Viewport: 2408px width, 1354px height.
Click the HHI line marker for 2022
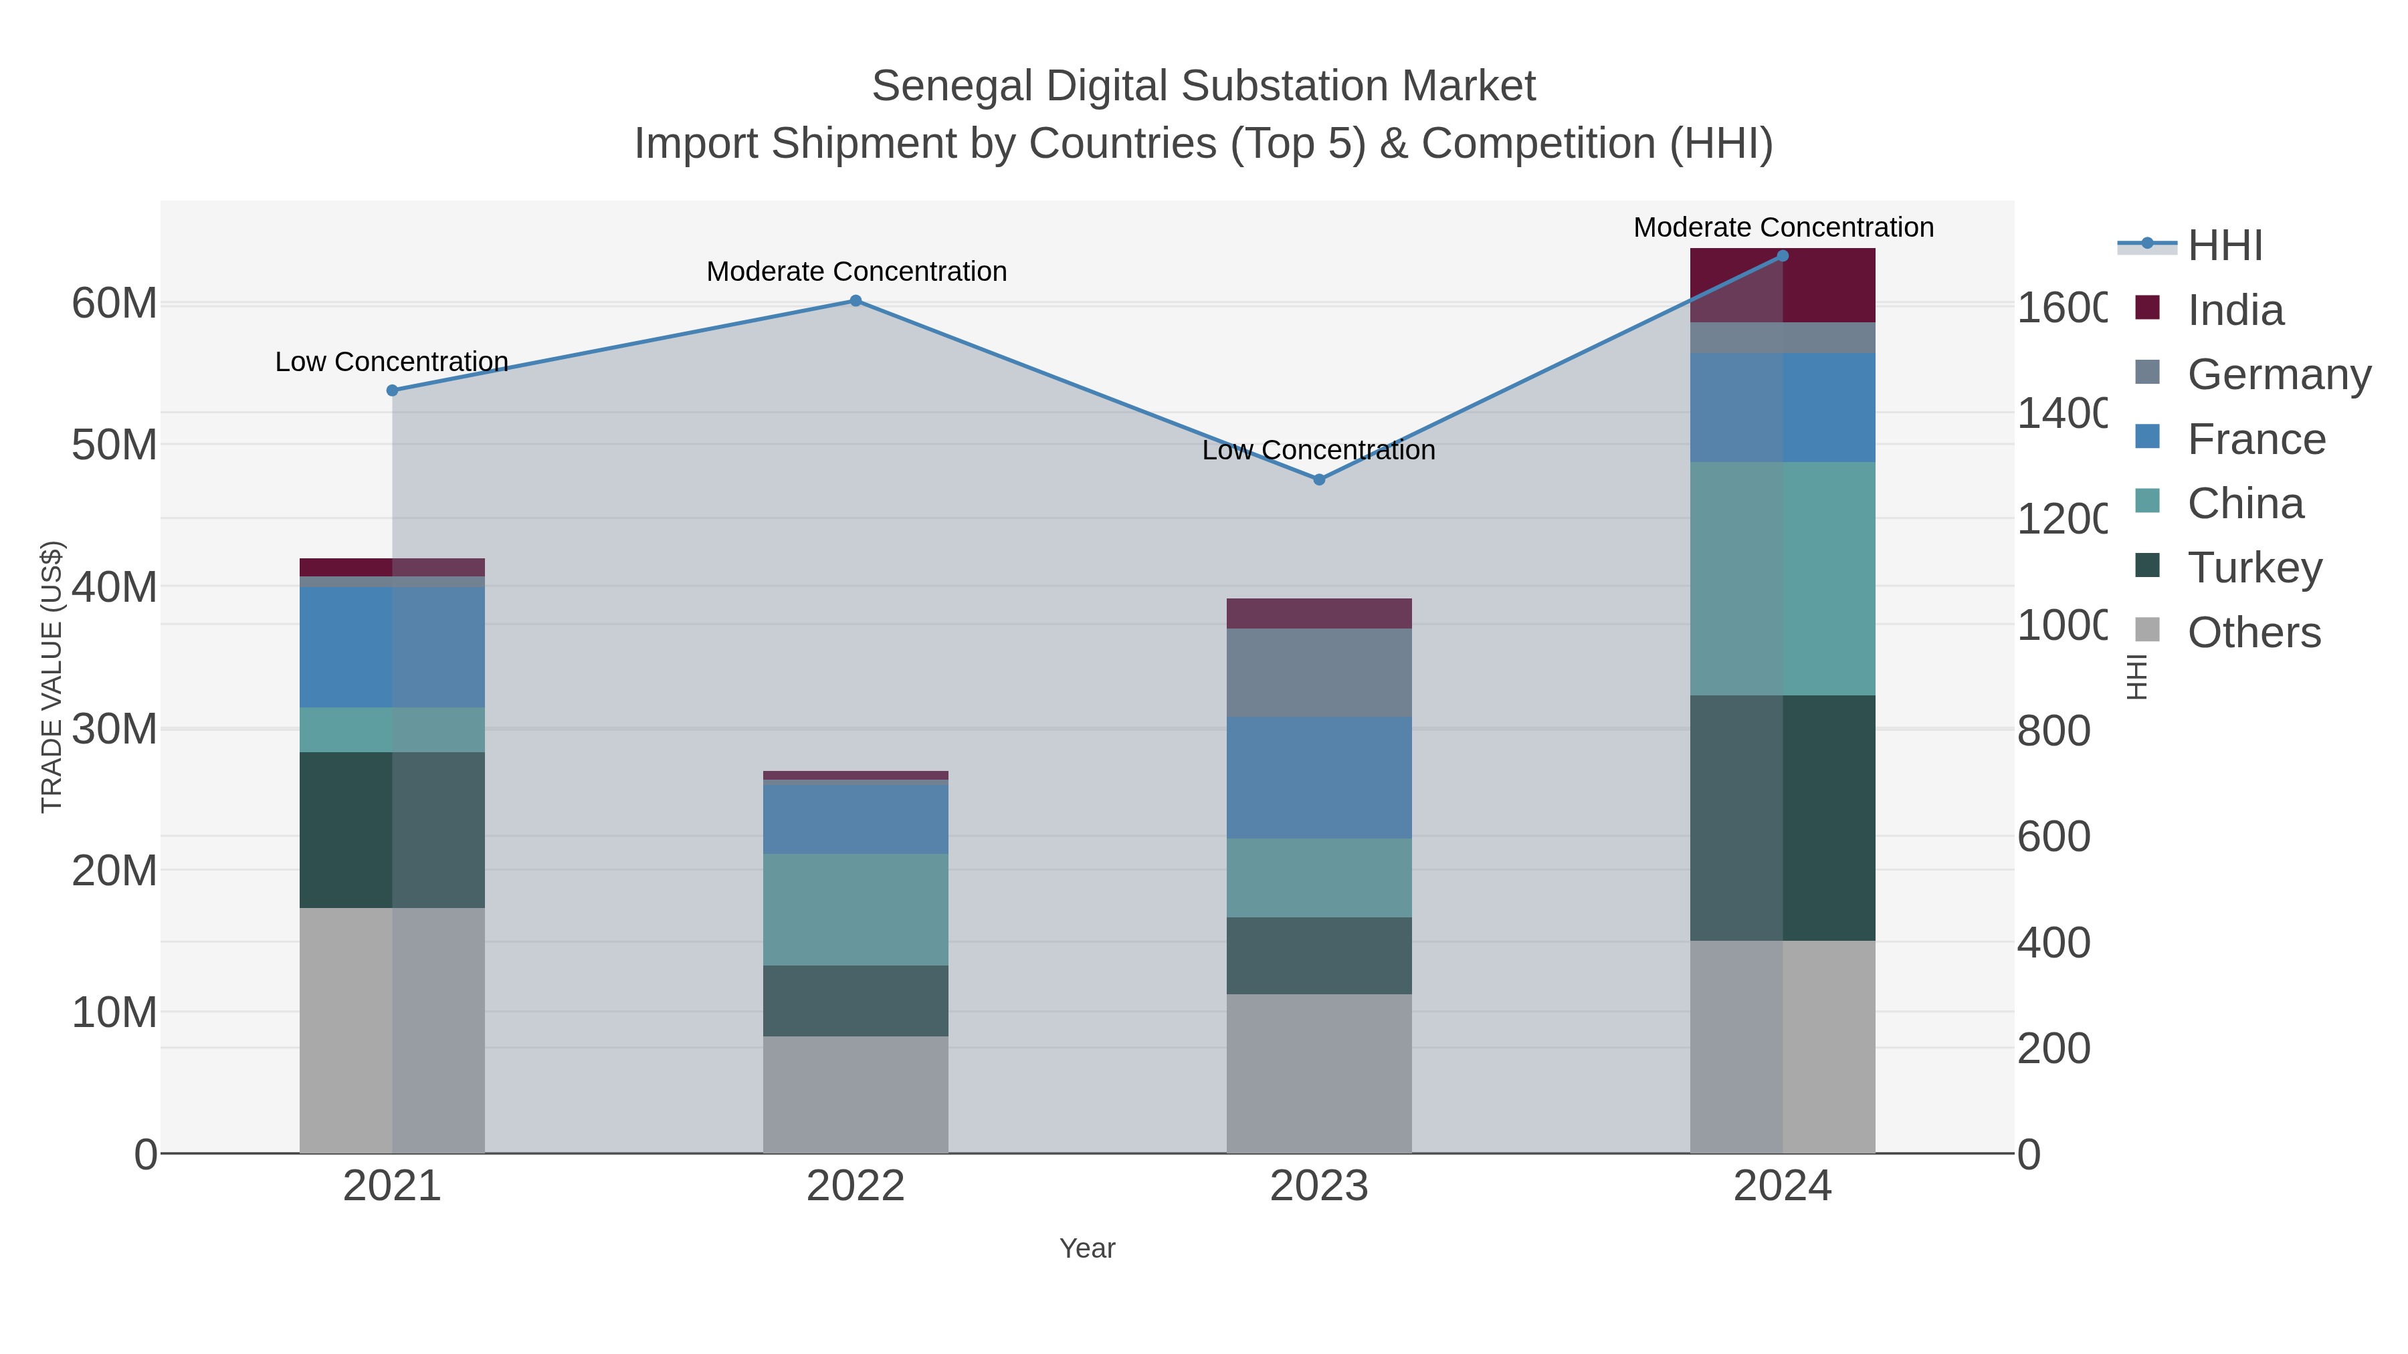pyautogui.click(x=856, y=301)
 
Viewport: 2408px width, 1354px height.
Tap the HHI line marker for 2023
pyautogui.click(x=1319, y=479)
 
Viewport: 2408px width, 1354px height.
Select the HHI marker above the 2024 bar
pyautogui.click(x=1782, y=256)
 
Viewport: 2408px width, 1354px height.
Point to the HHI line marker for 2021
pyautogui.click(x=393, y=390)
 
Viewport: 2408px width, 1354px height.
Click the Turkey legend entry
pyautogui.click(x=2253, y=568)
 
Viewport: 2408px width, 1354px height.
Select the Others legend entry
pyautogui.click(x=2253, y=633)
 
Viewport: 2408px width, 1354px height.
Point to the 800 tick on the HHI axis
pyautogui.click(x=2053, y=731)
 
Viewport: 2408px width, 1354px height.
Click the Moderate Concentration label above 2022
pyautogui.click(x=856, y=272)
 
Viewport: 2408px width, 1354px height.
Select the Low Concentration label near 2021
pyautogui.click(x=392, y=362)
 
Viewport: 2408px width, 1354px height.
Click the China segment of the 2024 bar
pyautogui.click(x=1782, y=578)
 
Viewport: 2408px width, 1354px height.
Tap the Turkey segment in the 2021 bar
pyautogui.click(x=392, y=830)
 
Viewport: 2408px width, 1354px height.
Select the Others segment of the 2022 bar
pyautogui.click(x=856, y=1094)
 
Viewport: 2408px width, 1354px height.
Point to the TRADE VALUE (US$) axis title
pyautogui.click(x=52, y=677)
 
